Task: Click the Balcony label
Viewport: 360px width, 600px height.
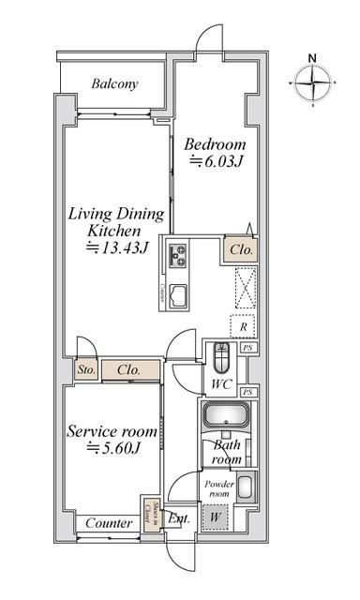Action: pos(114,83)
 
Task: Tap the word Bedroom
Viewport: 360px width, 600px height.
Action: pos(215,144)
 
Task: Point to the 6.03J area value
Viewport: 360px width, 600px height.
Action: pos(217,162)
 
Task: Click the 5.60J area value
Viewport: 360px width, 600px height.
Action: pos(113,448)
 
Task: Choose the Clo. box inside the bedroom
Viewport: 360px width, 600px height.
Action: pos(237,250)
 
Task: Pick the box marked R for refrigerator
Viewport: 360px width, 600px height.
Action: pos(243,326)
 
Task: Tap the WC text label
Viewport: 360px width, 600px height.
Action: pos(221,384)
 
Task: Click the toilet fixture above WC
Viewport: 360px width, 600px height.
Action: pos(221,359)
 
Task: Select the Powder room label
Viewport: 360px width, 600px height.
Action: pos(217,488)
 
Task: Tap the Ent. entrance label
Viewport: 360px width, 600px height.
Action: pos(181,518)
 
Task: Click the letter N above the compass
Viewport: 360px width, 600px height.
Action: pos(313,57)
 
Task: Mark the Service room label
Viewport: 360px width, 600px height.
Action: pos(111,431)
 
